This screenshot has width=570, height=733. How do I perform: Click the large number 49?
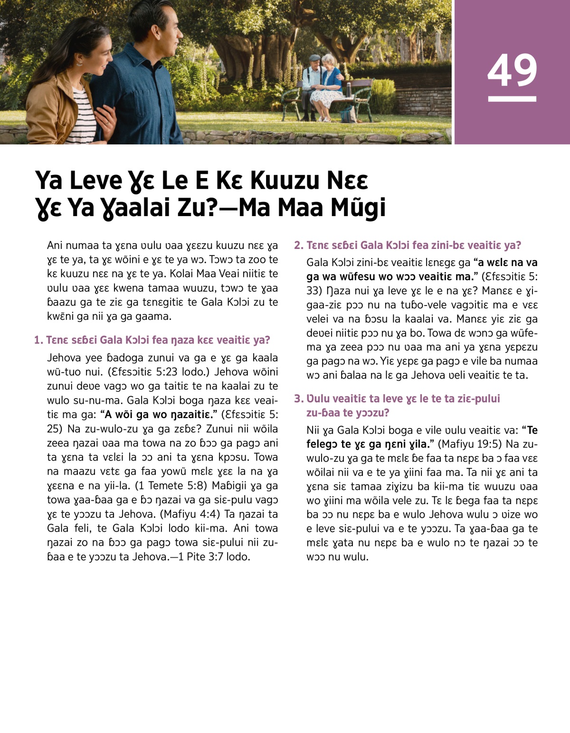tap(512, 70)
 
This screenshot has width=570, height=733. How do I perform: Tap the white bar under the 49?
tap(512, 99)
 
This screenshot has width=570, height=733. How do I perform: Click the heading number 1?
tap(38, 340)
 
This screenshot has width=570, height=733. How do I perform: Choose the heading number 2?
tap(298, 246)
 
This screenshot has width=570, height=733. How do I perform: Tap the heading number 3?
tap(298, 399)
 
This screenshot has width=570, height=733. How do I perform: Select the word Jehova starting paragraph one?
tap(64, 358)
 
